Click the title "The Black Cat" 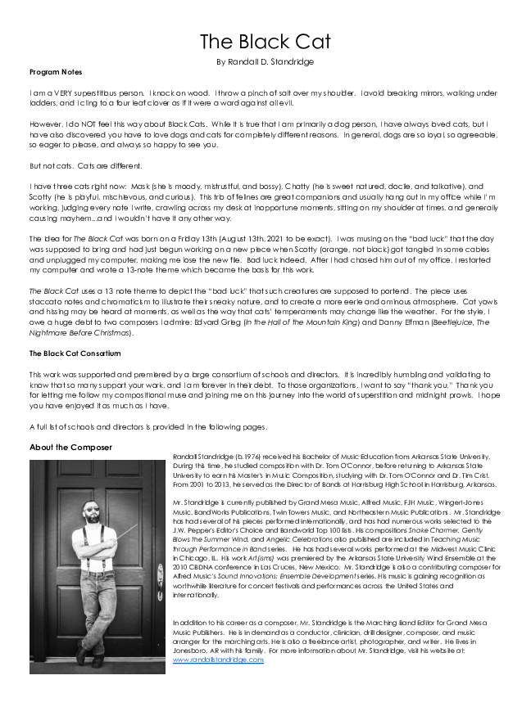(x=265, y=42)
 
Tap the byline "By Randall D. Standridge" (x=265, y=61)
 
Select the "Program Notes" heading (x=56, y=72)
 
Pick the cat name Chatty (x=286, y=187)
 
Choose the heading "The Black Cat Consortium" (x=75, y=353)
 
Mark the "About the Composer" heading (x=70, y=448)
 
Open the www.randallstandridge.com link (x=219, y=659)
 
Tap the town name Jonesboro (x=193, y=650)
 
